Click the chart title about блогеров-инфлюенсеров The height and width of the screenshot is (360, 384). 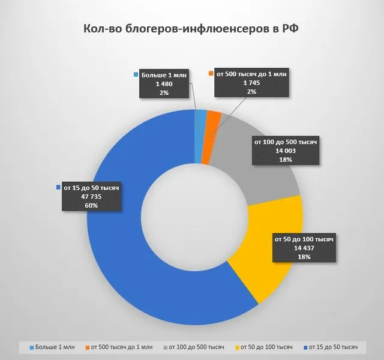click(191, 29)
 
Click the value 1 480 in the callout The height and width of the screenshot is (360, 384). click(164, 84)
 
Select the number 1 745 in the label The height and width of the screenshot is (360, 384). click(251, 83)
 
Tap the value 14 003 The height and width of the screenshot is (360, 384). click(286, 151)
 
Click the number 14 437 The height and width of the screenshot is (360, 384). click(304, 248)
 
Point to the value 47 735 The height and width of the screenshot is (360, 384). click(91, 197)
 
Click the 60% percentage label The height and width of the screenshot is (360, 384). click(91, 205)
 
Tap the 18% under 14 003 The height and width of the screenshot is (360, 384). click(286, 160)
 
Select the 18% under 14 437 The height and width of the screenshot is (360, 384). click(304, 257)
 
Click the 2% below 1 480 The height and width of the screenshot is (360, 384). click(164, 93)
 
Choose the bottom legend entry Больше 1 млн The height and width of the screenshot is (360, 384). click(52, 347)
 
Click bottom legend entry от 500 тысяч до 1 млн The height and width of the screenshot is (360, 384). click(119, 347)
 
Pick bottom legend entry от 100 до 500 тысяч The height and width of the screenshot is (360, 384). click(194, 347)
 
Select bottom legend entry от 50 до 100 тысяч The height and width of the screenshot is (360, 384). click(264, 347)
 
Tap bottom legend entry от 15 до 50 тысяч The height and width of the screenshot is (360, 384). click(331, 347)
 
